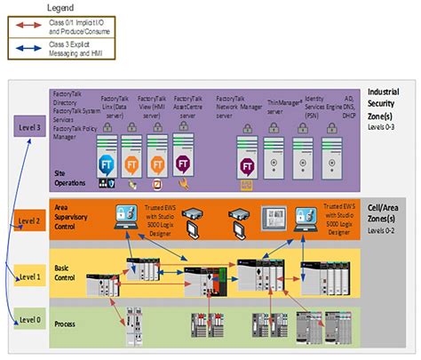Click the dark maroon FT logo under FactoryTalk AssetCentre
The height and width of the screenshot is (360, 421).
pos(184,164)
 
